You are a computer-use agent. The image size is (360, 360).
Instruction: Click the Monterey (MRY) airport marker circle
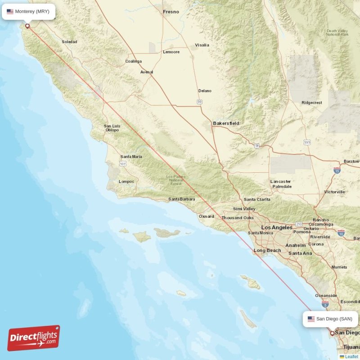[x=27, y=26]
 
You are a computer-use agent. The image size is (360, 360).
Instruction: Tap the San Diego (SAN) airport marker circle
[x=333, y=333]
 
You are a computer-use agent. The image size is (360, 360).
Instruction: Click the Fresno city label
[x=171, y=12]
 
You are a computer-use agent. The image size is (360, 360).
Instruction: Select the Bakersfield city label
[x=226, y=123]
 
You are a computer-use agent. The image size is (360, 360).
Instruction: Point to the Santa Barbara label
[x=182, y=199]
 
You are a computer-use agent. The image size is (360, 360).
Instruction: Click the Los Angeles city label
[x=277, y=228]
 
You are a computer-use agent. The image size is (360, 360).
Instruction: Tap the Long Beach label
[x=267, y=251]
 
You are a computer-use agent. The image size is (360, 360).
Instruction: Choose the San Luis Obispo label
[x=112, y=128]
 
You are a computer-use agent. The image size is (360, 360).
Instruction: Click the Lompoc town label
[x=126, y=181]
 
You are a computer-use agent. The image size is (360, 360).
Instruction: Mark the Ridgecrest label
[x=312, y=103]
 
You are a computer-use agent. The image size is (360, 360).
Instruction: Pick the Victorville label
[x=334, y=192]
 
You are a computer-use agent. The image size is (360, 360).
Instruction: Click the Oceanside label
[x=326, y=296]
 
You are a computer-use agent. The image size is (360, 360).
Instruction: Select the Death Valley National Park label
[x=337, y=32]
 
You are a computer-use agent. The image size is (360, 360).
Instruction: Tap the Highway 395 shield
[x=307, y=143]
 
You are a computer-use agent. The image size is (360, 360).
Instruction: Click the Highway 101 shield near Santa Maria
[x=123, y=164]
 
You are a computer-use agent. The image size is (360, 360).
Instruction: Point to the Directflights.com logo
[x=34, y=338]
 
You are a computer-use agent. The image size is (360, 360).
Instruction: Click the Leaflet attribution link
[x=351, y=356]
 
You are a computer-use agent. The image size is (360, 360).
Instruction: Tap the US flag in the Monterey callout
[x=10, y=12]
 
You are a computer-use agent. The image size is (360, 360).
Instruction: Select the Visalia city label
[x=202, y=45]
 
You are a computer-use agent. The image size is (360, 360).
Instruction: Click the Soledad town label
[x=69, y=42]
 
